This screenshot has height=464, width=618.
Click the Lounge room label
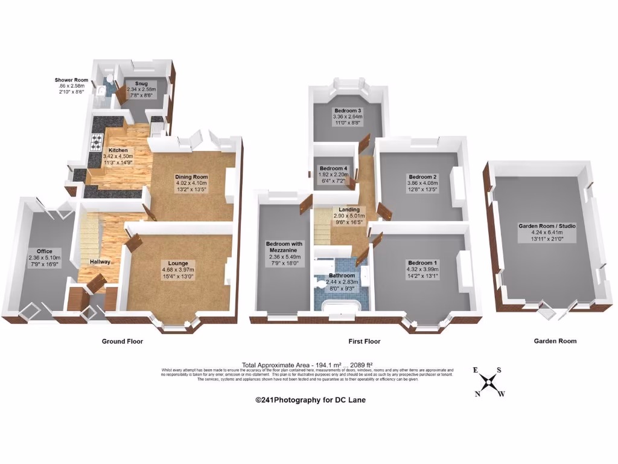[178, 263]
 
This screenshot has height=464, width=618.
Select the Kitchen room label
[118, 150]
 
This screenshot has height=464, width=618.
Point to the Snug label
[141, 84]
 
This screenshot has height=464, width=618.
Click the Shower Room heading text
[71, 80]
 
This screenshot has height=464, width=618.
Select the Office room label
[44, 251]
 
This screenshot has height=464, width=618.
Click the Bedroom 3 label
[347, 111]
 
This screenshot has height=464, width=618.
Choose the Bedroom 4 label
[333, 168]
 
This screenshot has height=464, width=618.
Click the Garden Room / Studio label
[547, 226]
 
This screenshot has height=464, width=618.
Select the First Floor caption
[364, 341]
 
